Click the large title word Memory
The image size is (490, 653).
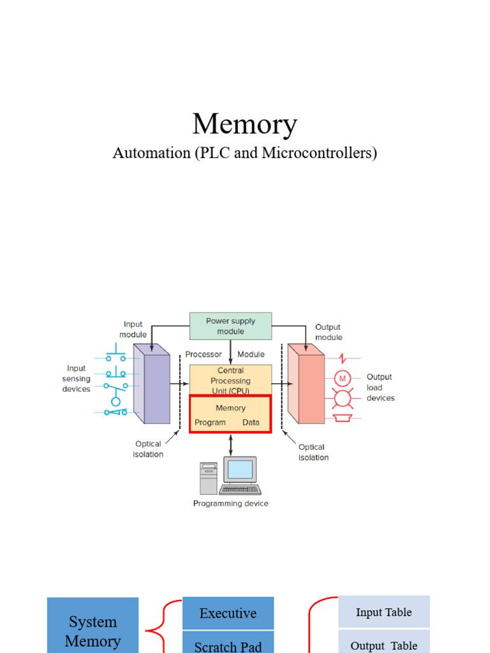[244, 124]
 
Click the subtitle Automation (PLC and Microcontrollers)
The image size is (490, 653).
[244, 154]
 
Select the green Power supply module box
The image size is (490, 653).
[230, 326]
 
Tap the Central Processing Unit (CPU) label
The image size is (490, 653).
[230, 380]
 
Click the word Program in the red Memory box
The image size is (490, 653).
[210, 422]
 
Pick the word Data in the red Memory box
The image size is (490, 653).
[251, 422]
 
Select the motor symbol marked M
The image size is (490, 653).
[343, 378]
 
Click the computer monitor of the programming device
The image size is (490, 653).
[241, 470]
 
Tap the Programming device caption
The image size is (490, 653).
[230, 504]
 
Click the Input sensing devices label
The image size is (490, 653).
[76, 379]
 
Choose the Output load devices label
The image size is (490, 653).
[380, 388]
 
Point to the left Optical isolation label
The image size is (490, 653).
[149, 449]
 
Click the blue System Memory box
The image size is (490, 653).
[93, 628]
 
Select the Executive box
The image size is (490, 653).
[228, 613]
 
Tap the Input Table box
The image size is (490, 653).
[383, 612]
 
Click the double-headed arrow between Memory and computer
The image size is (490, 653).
[230, 444]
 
